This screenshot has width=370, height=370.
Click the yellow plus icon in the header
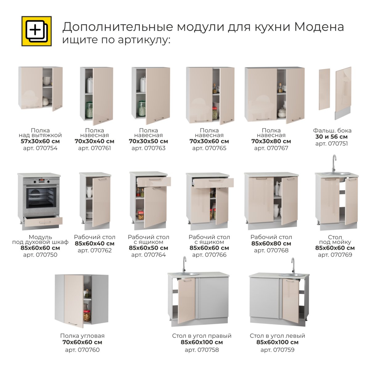click(36, 31)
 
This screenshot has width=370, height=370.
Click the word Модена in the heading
click(319, 27)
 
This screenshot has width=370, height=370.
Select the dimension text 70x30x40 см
click(94, 141)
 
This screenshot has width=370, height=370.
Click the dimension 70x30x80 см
click(271, 141)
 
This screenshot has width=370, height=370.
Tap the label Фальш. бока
click(332, 130)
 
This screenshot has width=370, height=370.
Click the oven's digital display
click(42, 180)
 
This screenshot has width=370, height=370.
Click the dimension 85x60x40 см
click(95, 244)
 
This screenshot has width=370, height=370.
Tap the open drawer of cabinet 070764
click(154, 181)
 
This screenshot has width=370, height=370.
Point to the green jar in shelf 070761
click(89, 110)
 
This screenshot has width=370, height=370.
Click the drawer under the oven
click(43, 221)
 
